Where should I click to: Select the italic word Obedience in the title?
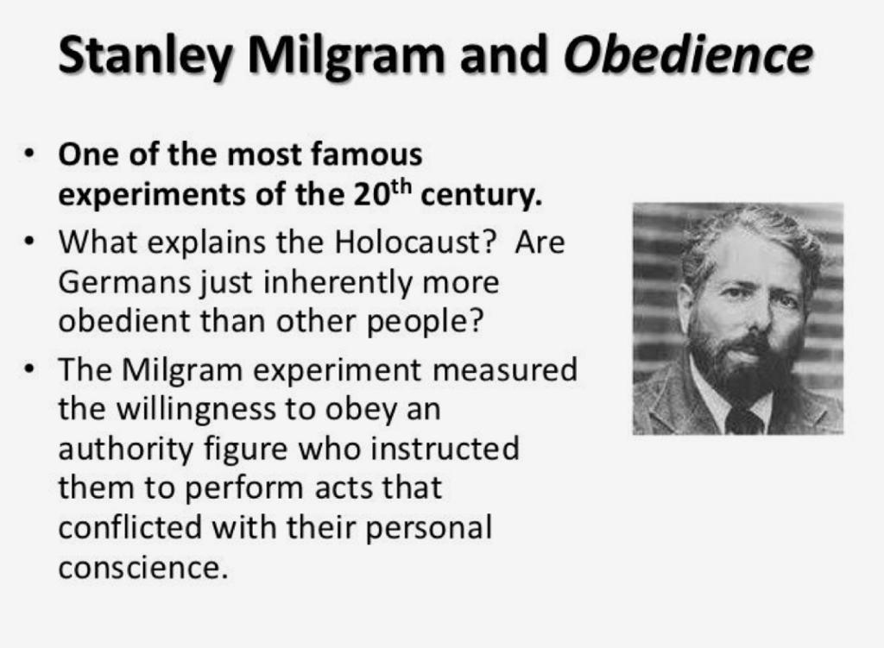pos(688,54)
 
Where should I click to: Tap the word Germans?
pos(124,282)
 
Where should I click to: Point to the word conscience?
pos(142,568)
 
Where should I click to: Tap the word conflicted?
pos(130,528)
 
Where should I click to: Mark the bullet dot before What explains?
pos(29,242)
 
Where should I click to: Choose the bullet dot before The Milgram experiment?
pos(29,369)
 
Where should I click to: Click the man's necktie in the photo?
pos(745,420)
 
